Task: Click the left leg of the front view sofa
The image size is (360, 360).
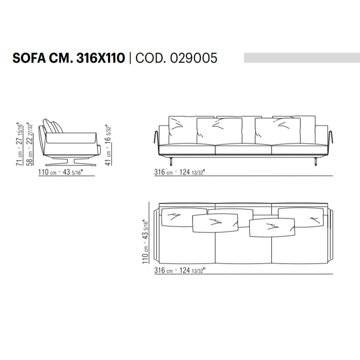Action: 172,160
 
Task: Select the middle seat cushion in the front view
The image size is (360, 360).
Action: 243,149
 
